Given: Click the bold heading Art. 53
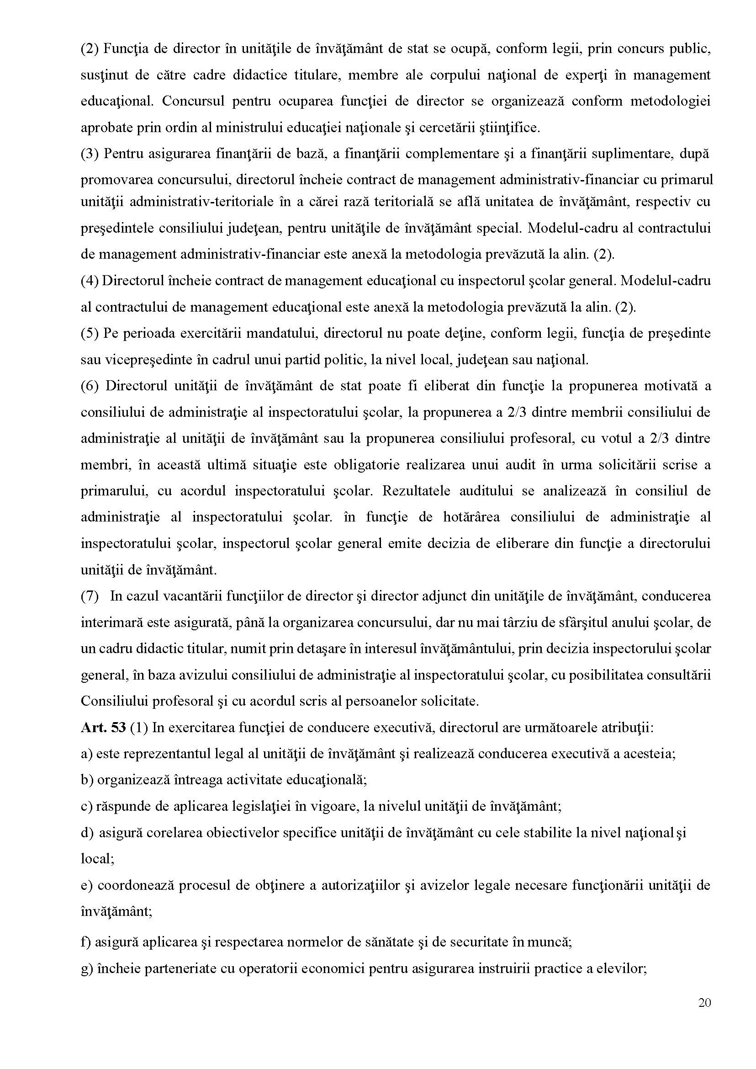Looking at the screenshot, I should point(103,728).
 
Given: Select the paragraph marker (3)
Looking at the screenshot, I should point(89,154).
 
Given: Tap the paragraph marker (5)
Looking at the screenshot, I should point(89,334).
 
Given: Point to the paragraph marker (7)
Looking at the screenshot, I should point(89,596).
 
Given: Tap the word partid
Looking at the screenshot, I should point(310,360).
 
